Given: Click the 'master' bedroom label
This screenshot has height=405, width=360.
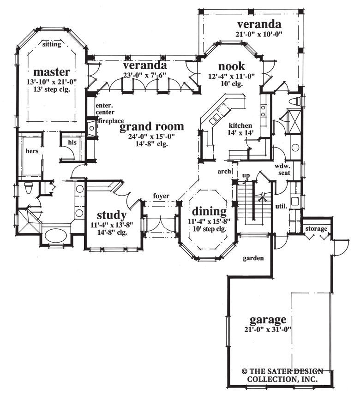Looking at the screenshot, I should [52, 72].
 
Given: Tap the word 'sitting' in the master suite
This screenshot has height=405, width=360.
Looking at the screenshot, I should [51, 44].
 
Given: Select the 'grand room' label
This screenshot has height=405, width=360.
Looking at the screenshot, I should [151, 126].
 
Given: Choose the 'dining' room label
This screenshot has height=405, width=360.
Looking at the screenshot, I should [210, 211].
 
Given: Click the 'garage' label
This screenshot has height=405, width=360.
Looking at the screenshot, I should [268, 319].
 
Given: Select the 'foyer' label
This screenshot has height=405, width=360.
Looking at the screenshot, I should [162, 197].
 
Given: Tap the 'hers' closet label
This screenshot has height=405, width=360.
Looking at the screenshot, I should [32, 151].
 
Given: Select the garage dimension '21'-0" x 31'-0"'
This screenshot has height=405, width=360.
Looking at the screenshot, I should [268, 330].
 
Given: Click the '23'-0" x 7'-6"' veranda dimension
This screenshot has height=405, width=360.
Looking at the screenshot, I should [145, 75].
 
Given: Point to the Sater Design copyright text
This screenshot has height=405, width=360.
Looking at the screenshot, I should [282, 375].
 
